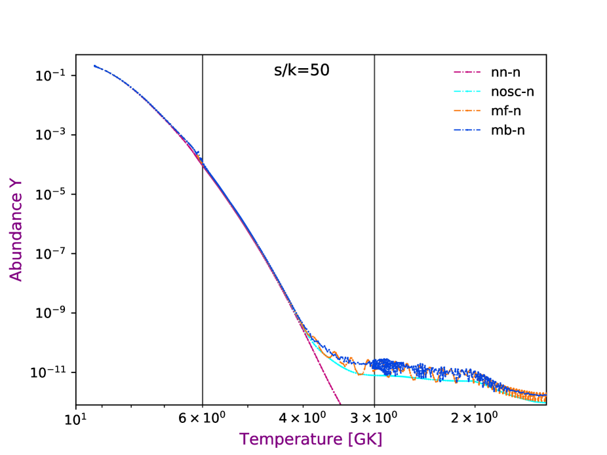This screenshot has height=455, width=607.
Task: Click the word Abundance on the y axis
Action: (x=16, y=240)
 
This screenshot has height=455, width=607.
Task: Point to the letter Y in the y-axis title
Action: (x=16, y=183)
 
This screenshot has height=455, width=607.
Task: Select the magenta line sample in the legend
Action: (x=467, y=72)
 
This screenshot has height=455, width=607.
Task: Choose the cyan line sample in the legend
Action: (x=467, y=91)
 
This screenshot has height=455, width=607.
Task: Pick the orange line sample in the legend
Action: (x=467, y=111)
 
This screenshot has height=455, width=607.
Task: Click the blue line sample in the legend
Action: (x=467, y=130)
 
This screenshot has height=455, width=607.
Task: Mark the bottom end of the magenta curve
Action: (x=340, y=403)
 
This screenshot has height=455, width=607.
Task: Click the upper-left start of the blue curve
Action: (x=95, y=66)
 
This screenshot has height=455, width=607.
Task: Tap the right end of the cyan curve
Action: (x=545, y=402)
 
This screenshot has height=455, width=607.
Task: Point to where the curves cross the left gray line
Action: (x=203, y=164)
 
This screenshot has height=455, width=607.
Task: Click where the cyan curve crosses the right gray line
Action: (x=374, y=375)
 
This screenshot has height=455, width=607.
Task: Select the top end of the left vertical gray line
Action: (x=203, y=56)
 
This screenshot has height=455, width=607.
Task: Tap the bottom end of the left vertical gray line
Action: (x=203, y=403)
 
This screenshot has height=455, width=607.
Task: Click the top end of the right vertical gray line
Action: (x=374, y=56)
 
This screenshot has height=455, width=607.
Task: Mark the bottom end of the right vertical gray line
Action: (x=374, y=403)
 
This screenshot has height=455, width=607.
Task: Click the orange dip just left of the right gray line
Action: (x=359, y=373)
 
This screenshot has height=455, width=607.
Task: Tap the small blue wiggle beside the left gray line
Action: (x=197, y=154)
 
